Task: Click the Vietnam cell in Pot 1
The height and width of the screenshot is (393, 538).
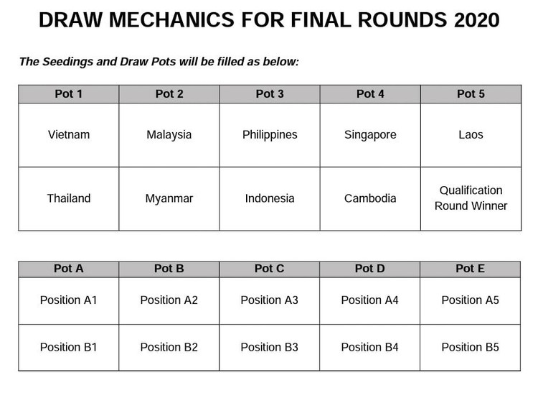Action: point(69,135)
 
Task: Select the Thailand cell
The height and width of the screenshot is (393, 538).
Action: point(69,199)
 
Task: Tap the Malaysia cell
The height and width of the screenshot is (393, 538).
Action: point(169,135)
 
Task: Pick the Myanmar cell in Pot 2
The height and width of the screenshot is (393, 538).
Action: point(169,199)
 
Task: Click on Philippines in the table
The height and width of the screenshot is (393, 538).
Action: point(270,135)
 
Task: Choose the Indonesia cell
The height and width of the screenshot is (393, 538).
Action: point(270,199)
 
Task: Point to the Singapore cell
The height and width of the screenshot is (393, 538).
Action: point(370,135)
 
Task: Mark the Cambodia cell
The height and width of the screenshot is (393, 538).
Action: point(370,199)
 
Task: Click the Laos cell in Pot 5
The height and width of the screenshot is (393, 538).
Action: point(471,135)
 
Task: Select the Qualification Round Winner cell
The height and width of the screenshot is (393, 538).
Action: point(471,198)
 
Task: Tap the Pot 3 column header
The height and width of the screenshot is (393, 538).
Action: point(270,94)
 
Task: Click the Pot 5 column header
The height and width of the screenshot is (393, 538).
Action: point(471,94)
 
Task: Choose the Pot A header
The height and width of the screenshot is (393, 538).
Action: point(69,269)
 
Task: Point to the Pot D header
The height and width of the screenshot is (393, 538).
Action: point(370,269)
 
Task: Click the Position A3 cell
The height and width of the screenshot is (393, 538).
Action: point(270,300)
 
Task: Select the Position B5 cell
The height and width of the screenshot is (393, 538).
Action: point(471,347)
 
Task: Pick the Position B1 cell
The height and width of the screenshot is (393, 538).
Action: point(69,347)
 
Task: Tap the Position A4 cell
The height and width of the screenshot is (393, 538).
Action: point(370,300)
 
